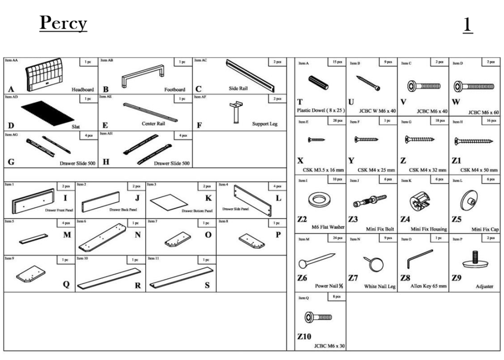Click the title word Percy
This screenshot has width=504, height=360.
tap(63, 24)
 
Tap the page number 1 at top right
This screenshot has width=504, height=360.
tap(468, 25)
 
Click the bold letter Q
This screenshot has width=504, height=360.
tap(66, 284)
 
